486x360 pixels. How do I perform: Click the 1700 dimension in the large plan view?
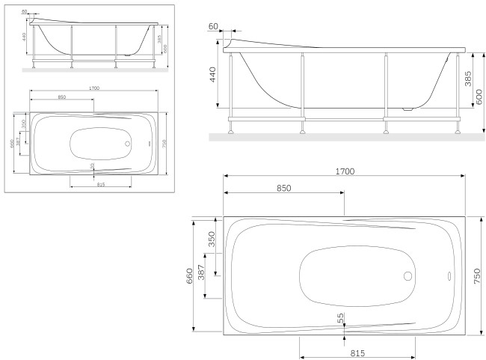(344, 171)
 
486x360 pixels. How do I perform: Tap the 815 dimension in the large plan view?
(357, 353)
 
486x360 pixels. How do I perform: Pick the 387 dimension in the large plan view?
(201, 274)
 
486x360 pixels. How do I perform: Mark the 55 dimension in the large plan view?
(341, 318)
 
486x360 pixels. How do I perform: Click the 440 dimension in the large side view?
(213, 75)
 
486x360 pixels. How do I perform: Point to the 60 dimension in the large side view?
(214, 26)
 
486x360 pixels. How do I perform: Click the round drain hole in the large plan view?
(407, 275)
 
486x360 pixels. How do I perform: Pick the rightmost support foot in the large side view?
(454, 132)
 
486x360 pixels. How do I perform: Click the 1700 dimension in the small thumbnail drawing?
(93, 88)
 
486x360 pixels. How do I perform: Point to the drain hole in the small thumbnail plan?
(127, 143)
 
